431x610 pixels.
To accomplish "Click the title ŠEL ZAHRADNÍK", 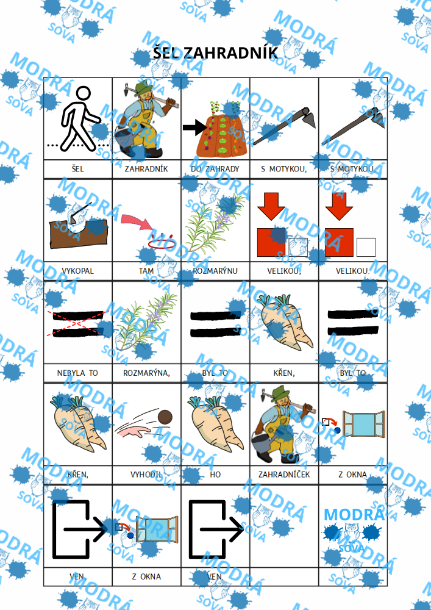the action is pos(215,53).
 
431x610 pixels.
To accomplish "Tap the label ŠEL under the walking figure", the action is pos(78,169).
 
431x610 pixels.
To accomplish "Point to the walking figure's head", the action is pos(83,94).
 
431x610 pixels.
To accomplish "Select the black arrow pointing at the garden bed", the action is pos(196,127).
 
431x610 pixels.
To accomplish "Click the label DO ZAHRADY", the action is pos(215,169).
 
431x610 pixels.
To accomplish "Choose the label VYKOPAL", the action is pos(78,271).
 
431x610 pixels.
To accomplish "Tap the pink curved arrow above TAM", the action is pos(138,223).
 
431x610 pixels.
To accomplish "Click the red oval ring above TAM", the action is pos(162,242).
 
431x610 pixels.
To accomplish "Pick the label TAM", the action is pos(146,271).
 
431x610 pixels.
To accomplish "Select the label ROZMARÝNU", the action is pos(215,271).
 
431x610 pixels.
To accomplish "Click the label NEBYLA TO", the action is pos(78,373).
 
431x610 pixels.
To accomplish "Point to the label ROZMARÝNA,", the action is pos(146,373).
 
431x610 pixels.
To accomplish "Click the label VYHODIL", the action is pos(146,475).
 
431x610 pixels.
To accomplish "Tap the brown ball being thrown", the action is pos(165,417).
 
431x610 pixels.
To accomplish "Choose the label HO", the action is pos(215,475).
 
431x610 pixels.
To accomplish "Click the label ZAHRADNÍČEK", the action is pos(284,475).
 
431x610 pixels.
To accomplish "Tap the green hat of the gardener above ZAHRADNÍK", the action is pos(142,87).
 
